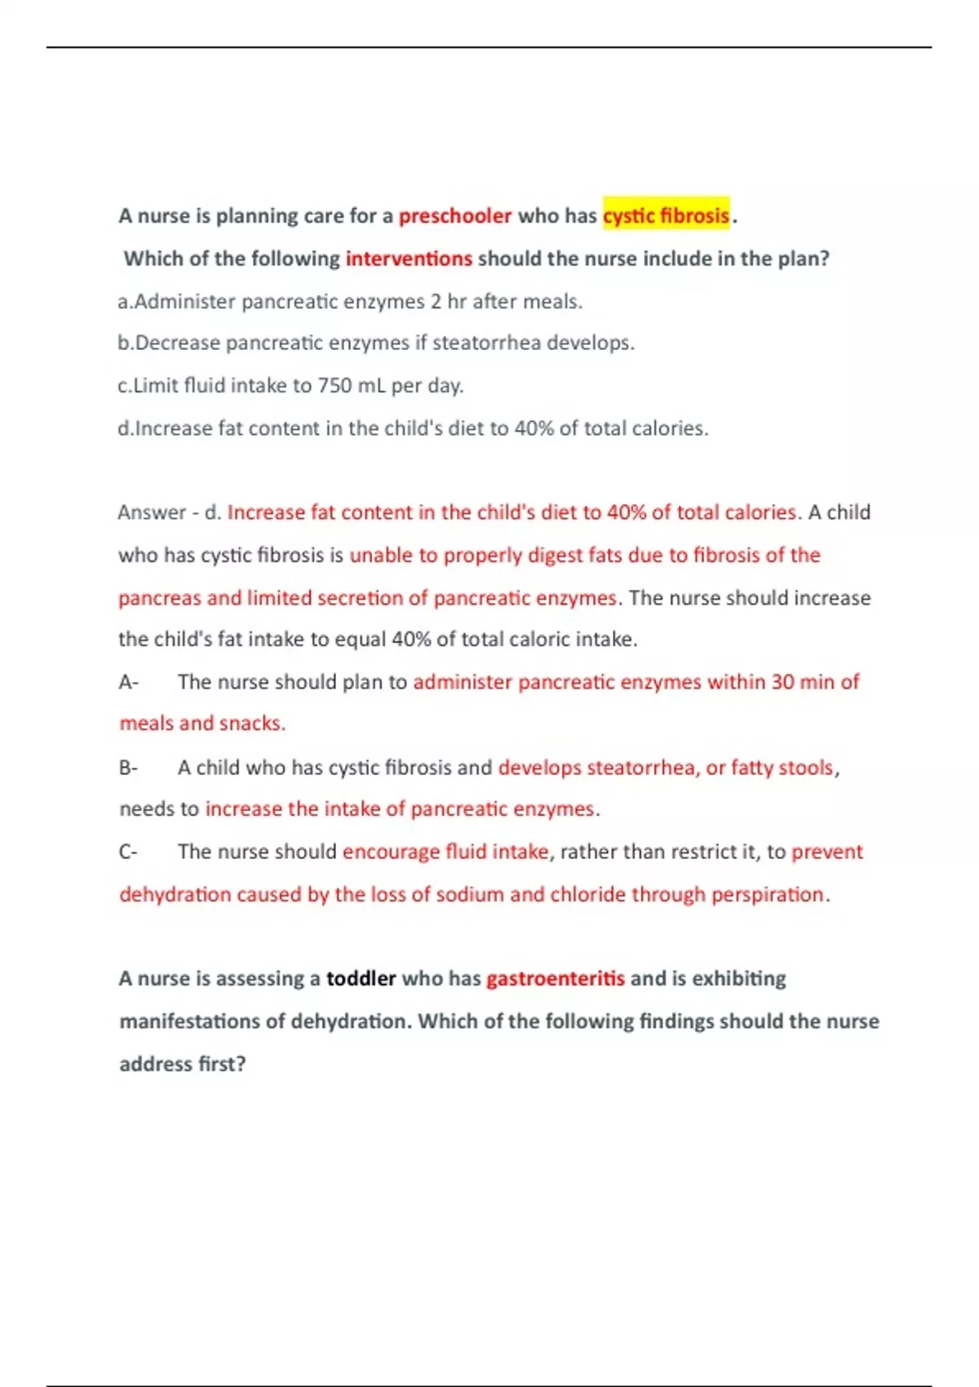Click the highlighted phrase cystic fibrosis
(x=666, y=215)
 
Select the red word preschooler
(x=454, y=216)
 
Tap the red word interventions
(x=409, y=259)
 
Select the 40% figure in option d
(x=534, y=428)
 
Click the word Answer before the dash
(x=152, y=512)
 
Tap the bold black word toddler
(x=361, y=978)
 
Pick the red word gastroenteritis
(x=555, y=978)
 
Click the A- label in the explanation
(x=128, y=682)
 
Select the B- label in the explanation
(x=128, y=768)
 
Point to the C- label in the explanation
(x=128, y=852)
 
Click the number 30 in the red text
(x=782, y=682)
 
